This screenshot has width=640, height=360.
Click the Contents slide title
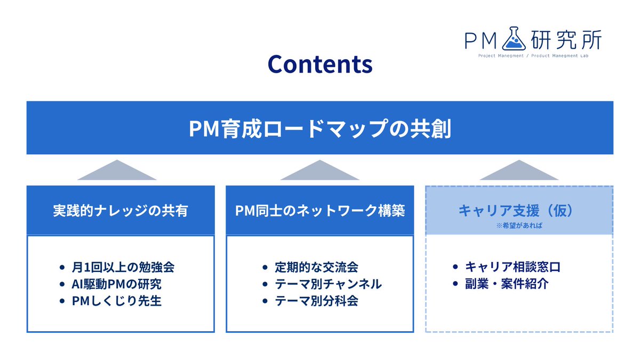click(x=320, y=64)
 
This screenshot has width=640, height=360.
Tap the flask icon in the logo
click(x=513, y=37)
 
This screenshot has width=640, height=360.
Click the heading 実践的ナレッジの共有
click(x=121, y=211)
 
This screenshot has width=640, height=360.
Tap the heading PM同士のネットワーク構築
click(x=320, y=211)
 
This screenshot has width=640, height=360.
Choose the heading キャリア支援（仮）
click(x=519, y=210)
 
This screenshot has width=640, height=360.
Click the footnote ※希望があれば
click(x=519, y=226)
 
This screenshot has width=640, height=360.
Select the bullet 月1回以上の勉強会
click(x=123, y=266)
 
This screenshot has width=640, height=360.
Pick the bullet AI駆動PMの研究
click(x=117, y=283)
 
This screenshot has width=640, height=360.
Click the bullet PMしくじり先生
click(x=117, y=300)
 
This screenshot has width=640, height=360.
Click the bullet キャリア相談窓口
click(x=513, y=266)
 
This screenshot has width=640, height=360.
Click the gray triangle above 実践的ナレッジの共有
click(x=117, y=171)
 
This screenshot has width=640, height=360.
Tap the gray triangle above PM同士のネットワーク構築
click(x=320, y=171)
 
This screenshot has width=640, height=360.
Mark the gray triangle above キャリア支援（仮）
click(x=519, y=171)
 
